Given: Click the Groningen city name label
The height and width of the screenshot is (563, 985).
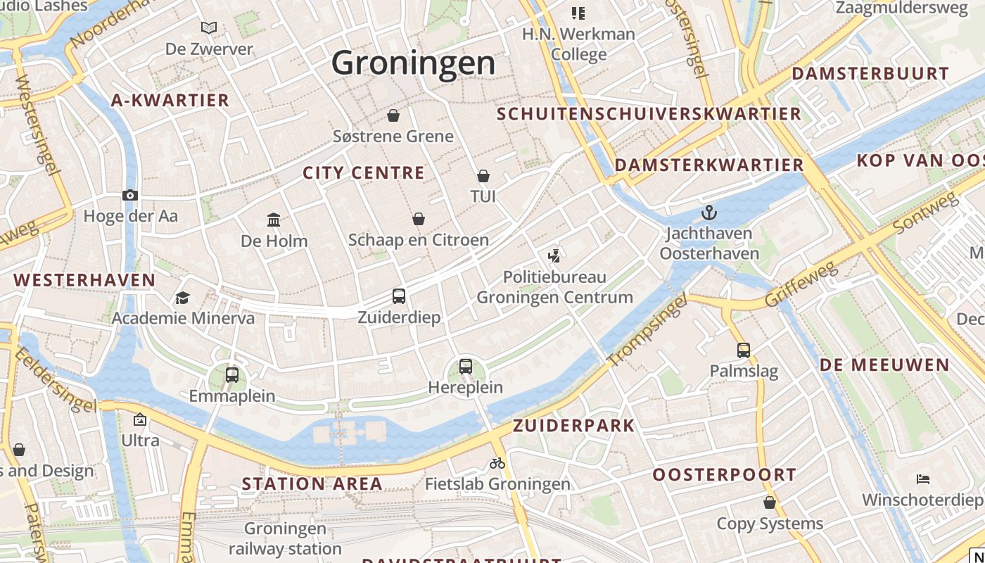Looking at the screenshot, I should (x=413, y=63).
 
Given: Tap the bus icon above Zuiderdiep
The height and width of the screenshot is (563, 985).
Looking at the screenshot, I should (x=399, y=296).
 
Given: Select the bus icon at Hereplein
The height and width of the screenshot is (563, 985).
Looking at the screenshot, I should (x=466, y=366).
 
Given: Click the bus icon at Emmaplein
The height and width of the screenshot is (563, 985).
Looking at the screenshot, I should (x=232, y=374).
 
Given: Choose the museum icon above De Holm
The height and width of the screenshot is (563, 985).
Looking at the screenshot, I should (x=274, y=220).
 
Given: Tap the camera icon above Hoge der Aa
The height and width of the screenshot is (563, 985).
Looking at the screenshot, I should (x=130, y=196).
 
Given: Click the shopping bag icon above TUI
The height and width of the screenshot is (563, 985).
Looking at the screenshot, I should (x=483, y=175).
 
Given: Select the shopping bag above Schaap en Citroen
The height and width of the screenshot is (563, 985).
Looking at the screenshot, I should (x=419, y=219).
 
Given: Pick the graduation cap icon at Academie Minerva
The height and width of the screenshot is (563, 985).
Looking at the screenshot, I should (x=183, y=298).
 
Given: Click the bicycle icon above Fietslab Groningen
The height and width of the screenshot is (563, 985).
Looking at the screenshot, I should (x=497, y=463).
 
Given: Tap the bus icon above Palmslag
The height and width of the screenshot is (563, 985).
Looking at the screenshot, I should (x=744, y=350).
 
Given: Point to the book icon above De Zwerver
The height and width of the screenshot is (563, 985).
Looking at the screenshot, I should (x=209, y=28).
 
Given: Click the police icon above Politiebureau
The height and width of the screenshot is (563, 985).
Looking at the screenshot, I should (x=554, y=255).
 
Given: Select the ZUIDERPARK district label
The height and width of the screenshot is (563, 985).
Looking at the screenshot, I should (x=573, y=425).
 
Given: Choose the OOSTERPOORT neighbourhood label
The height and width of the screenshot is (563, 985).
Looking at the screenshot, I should (x=724, y=474).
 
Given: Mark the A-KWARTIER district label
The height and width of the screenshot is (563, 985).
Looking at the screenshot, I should (x=170, y=100).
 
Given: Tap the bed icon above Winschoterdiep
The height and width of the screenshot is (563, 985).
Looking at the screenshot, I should (x=923, y=479).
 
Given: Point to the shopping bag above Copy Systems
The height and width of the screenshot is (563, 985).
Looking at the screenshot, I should (x=770, y=502).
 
